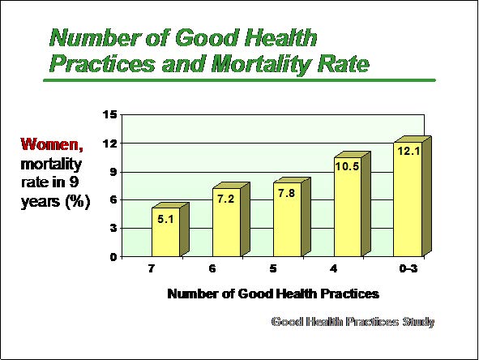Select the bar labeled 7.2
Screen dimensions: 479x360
point(231,220)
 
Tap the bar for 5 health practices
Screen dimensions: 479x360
point(292,216)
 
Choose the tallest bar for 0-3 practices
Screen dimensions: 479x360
point(412,196)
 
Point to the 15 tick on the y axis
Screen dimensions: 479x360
point(110,115)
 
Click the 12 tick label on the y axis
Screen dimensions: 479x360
point(110,144)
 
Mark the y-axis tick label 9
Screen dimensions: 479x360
point(113,172)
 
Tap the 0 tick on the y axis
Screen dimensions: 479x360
point(113,257)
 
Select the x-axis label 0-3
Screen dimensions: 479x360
point(408,268)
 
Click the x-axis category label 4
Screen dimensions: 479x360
point(334,268)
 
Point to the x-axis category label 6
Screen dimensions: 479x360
point(212,268)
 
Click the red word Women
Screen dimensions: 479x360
point(52,144)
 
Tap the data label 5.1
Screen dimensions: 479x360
point(165,219)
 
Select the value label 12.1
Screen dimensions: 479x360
point(408,151)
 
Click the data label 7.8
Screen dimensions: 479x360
point(287,193)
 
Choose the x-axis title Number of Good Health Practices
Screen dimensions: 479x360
point(273,294)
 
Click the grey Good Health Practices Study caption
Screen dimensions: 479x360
point(353,322)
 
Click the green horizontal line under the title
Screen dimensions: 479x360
point(239,80)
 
